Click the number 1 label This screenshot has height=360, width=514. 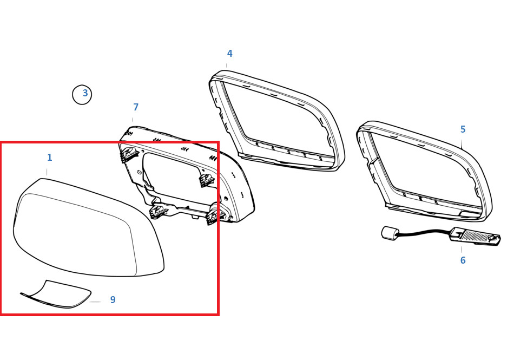pyautogui.click(x=49, y=158)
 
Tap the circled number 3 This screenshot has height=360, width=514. pyautogui.click(x=82, y=94)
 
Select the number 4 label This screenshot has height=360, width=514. pyautogui.click(x=230, y=54)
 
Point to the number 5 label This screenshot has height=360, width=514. pyautogui.click(x=463, y=129)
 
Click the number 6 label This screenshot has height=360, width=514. pyautogui.click(x=463, y=260)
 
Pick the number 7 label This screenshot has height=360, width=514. pyautogui.click(x=136, y=107)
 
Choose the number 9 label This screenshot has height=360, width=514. pyautogui.click(x=113, y=299)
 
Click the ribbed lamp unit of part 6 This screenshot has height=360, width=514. pyautogui.click(x=476, y=236)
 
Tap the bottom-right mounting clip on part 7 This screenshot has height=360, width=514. pyautogui.click(x=215, y=214)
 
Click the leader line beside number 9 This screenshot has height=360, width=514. pyautogui.click(x=95, y=302)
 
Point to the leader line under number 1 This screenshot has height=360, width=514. pyautogui.click(x=47, y=172)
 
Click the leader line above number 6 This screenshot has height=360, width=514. pyautogui.click(x=462, y=250)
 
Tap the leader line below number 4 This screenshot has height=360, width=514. pyautogui.click(x=227, y=66)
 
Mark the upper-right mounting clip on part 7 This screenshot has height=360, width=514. pyautogui.click(x=207, y=180)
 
